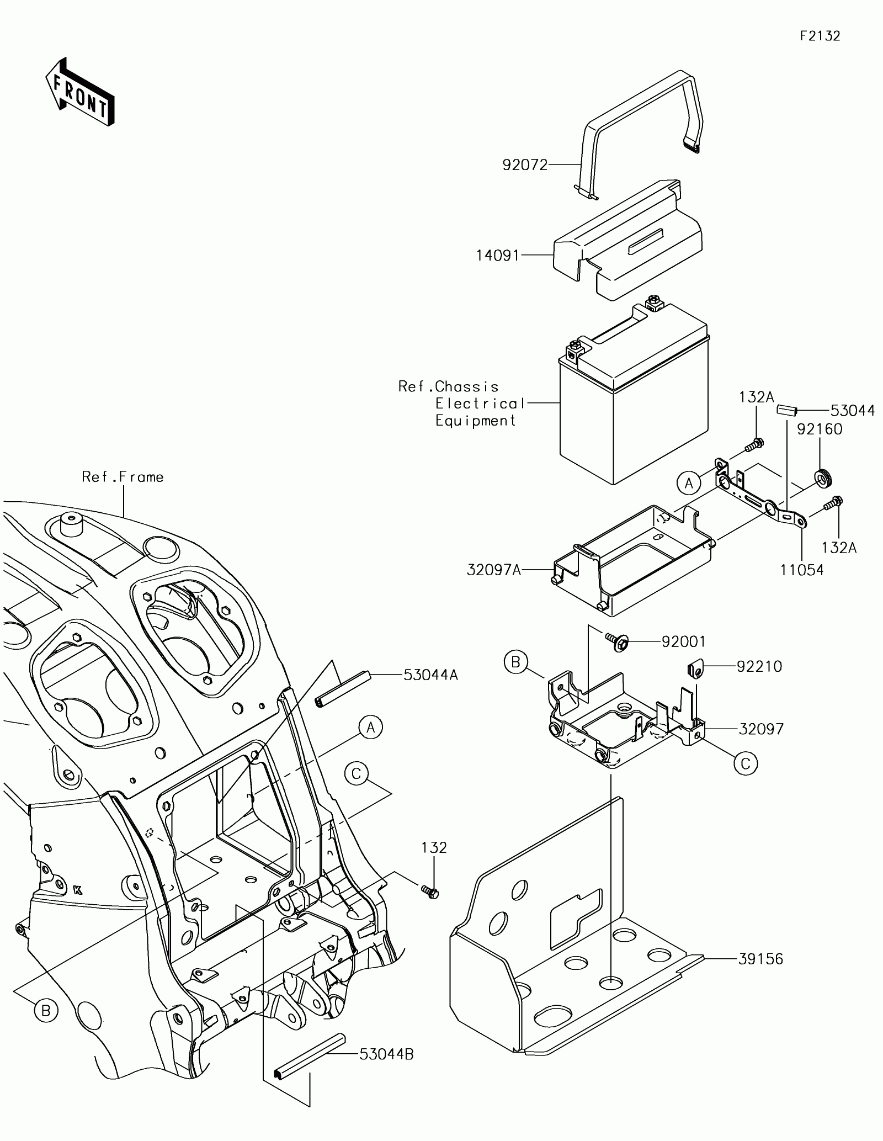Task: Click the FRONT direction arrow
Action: coord(79,91)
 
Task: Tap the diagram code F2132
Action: coord(820,36)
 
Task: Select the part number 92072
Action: coord(525,164)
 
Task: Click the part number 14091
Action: coord(498,256)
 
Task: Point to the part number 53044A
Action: coord(430,675)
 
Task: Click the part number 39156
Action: coord(760,959)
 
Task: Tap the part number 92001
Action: coord(683,641)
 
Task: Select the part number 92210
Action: coord(759,667)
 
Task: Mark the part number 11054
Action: coord(802,570)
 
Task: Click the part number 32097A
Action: coord(494,570)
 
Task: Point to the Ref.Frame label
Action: coord(123,477)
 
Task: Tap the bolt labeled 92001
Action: coord(618,641)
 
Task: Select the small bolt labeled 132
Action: coord(430,890)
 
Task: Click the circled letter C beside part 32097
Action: coord(746,764)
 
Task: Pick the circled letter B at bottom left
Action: coord(46,1011)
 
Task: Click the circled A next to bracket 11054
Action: coord(688,484)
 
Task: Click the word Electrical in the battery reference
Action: coord(480,404)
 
